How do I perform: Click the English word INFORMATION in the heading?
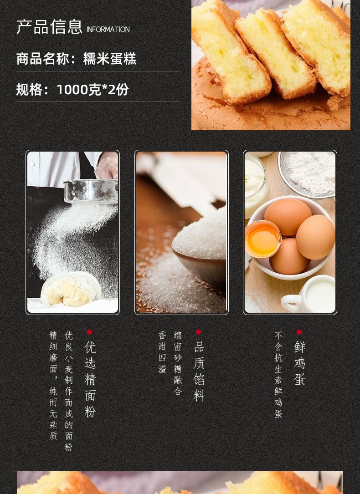pyautogui.click(x=108, y=29)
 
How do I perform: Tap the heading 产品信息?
pyautogui.click(x=50, y=26)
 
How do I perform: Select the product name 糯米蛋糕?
pyautogui.click(x=109, y=59)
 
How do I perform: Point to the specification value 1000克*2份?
pyautogui.click(x=93, y=90)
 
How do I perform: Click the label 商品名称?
pyautogui.click(x=43, y=59)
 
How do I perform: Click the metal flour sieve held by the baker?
pyautogui.click(x=91, y=191)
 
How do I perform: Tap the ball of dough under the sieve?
pyautogui.click(x=71, y=289)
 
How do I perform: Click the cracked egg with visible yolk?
pyautogui.click(x=262, y=239)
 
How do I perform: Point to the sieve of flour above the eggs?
pyautogui.click(x=307, y=173)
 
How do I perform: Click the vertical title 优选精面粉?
pyautogui.click(x=90, y=379)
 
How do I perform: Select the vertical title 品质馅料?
pyautogui.click(x=199, y=371)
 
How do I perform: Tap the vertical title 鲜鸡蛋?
pyautogui.click(x=299, y=363)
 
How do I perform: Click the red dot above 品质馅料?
pyautogui.click(x=198, y=332)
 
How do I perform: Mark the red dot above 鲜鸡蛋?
pyautogui.click(x=299, y=332)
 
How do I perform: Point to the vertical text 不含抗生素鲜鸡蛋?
pyautogui.click(x=278, y=374)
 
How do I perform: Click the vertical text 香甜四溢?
pyautogui.click(x=162, y=352)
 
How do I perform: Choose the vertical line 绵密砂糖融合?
pyautogui.click(x=178, y=363)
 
